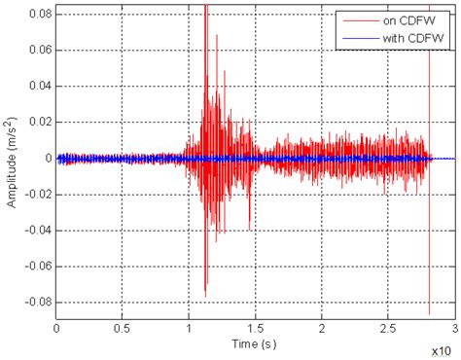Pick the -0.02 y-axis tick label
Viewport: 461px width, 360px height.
[36, 194]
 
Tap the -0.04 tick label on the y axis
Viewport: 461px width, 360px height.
[36, 229]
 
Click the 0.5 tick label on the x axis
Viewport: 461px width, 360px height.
[123, 331]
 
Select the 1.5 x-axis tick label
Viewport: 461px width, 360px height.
[256, 331]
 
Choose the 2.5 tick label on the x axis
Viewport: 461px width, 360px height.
[389, 331]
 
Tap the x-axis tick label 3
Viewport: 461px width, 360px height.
[455, 331]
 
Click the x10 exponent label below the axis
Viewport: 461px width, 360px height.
[443, 347]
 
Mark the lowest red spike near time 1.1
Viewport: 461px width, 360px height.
[204, 295]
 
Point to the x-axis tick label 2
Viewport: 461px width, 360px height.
[322, 331]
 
